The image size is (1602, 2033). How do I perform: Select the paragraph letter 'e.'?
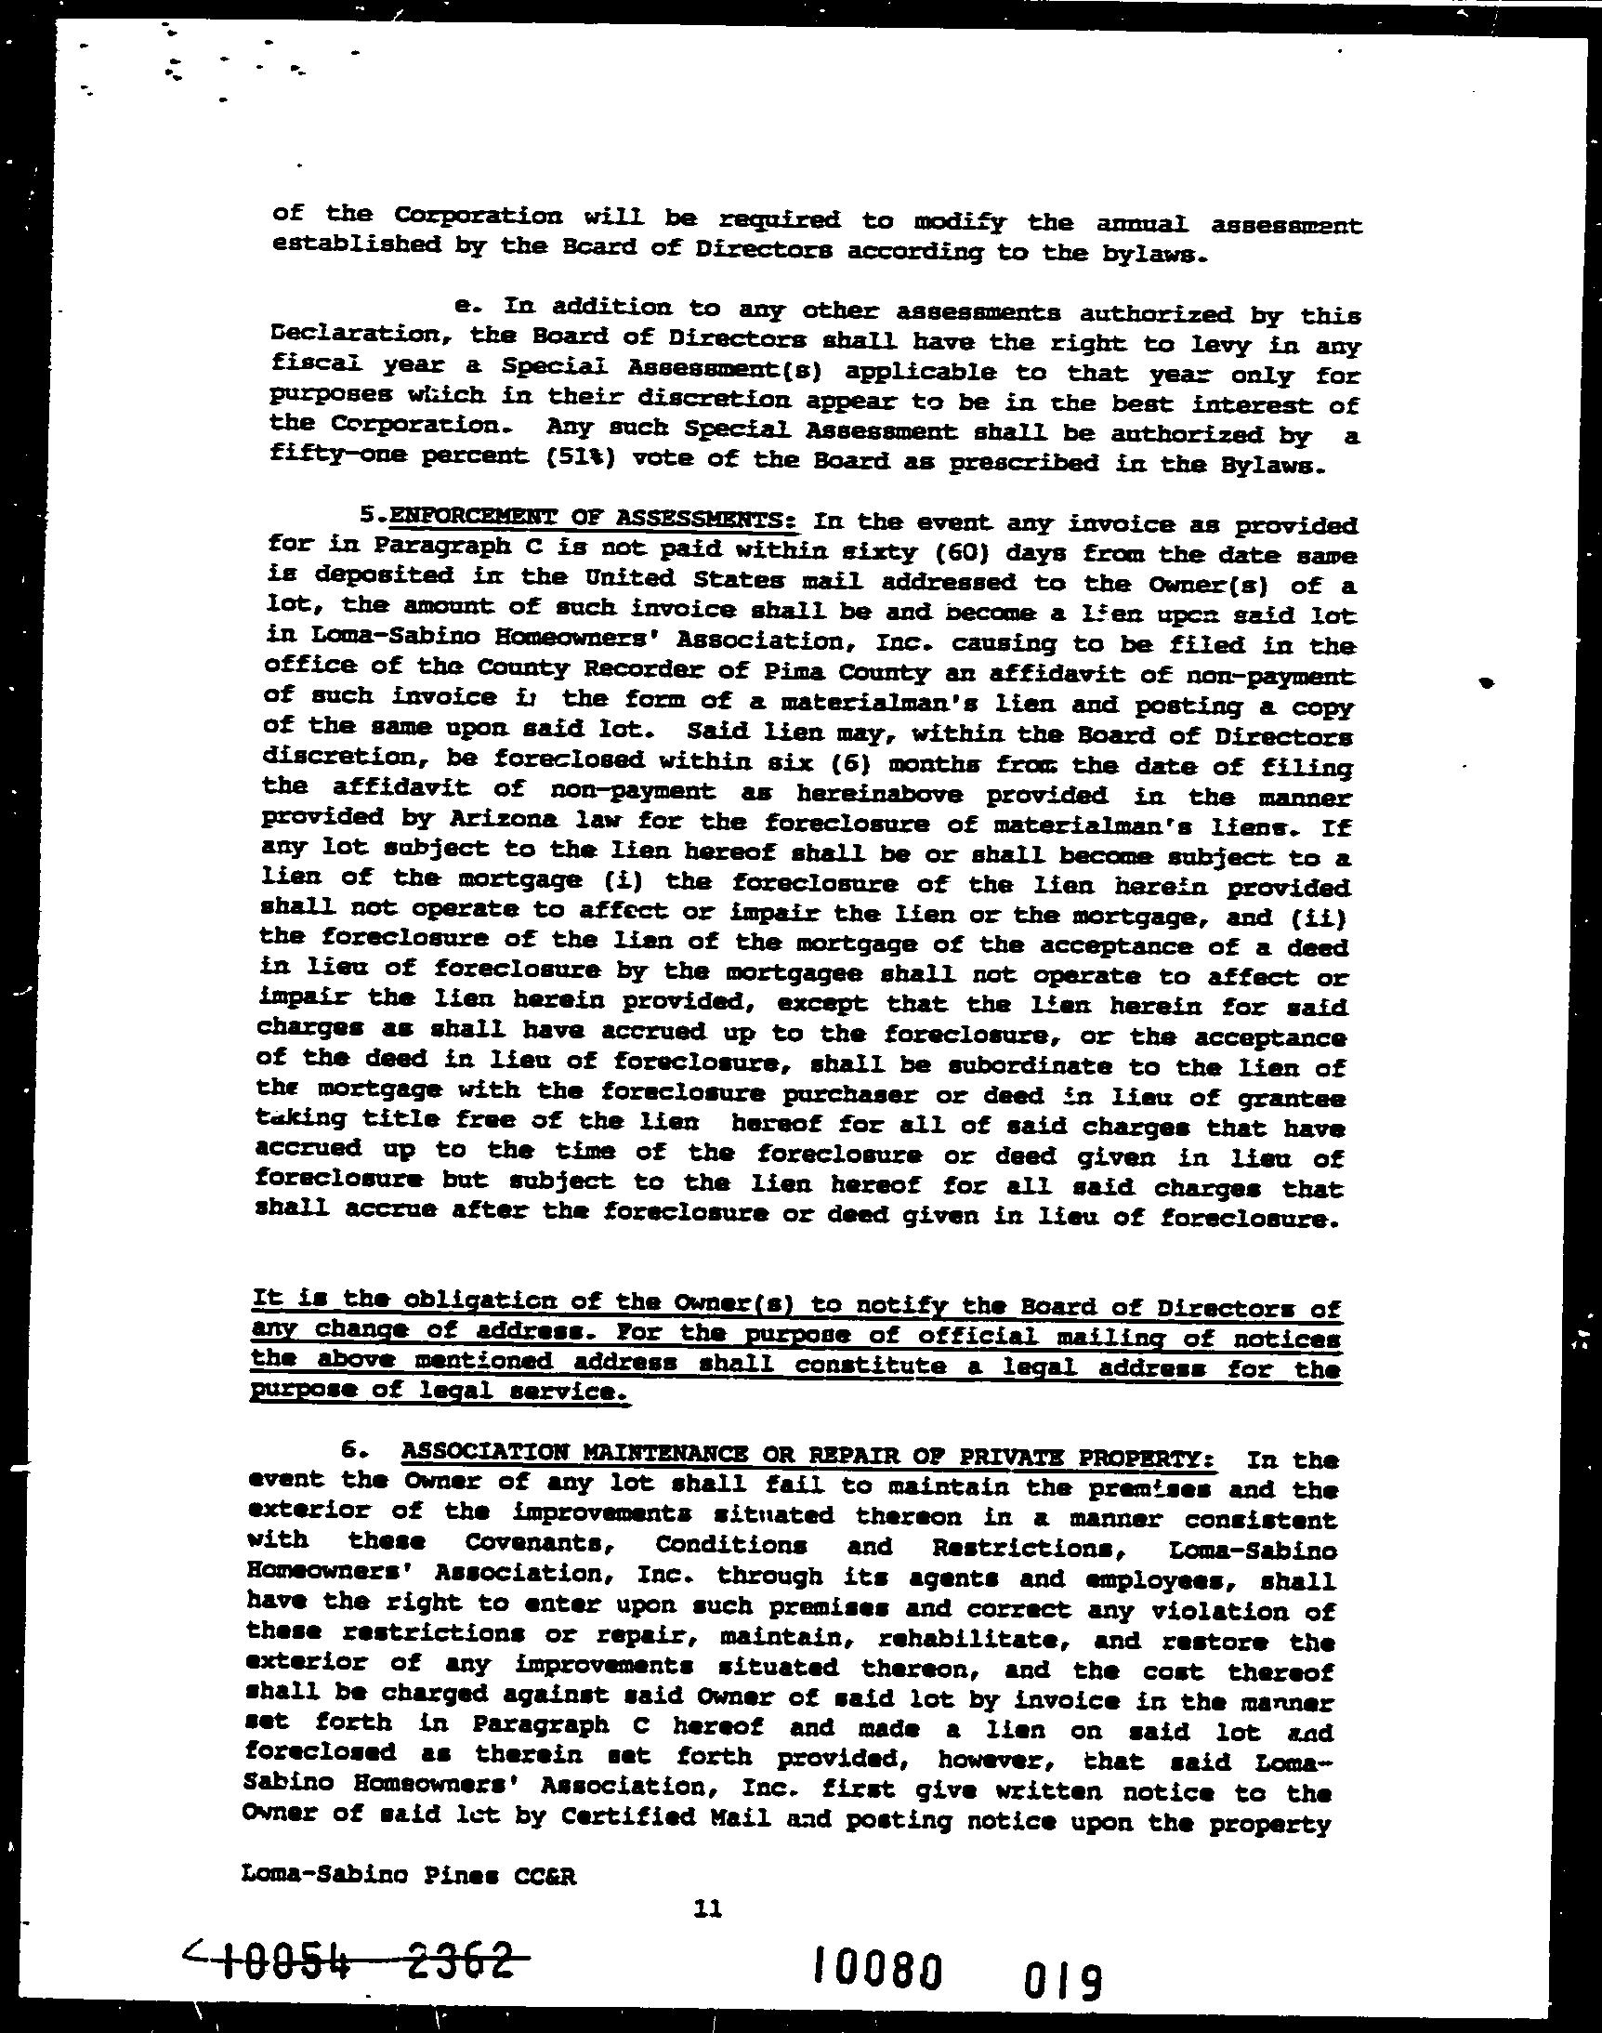[466, 307]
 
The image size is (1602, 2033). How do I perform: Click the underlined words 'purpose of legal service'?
[437, 1392]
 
